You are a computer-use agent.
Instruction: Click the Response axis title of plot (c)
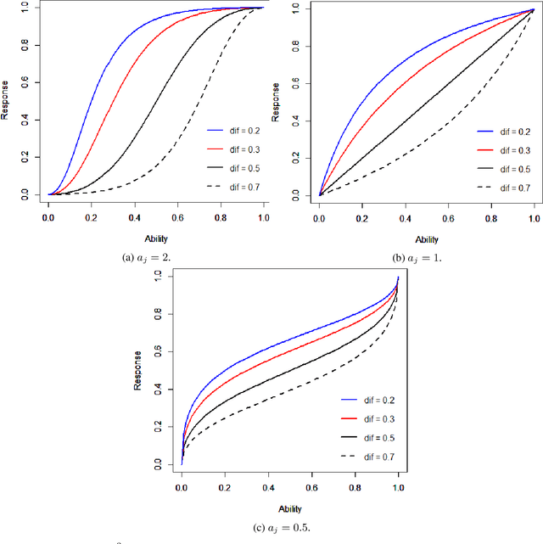pyautogui.click(x=137, y=371)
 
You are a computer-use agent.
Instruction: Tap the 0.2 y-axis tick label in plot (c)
pyautogui.click(x=156, y=427)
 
